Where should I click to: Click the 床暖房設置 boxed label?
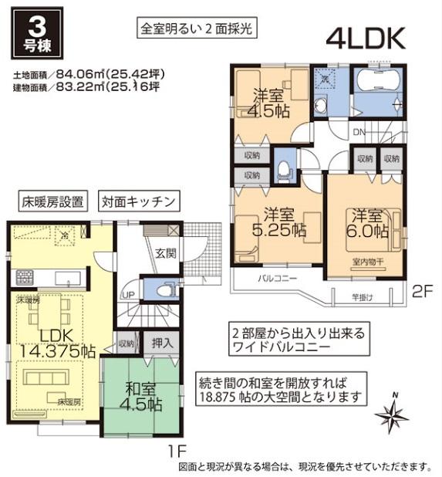(52, 202)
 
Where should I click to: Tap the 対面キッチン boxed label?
(140, 202)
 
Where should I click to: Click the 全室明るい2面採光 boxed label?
(197, 29)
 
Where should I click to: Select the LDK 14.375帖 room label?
(56, 343)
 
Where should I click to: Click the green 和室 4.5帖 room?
(143, 394)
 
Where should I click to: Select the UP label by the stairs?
(128, 295)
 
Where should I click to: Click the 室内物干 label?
(366, 262)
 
